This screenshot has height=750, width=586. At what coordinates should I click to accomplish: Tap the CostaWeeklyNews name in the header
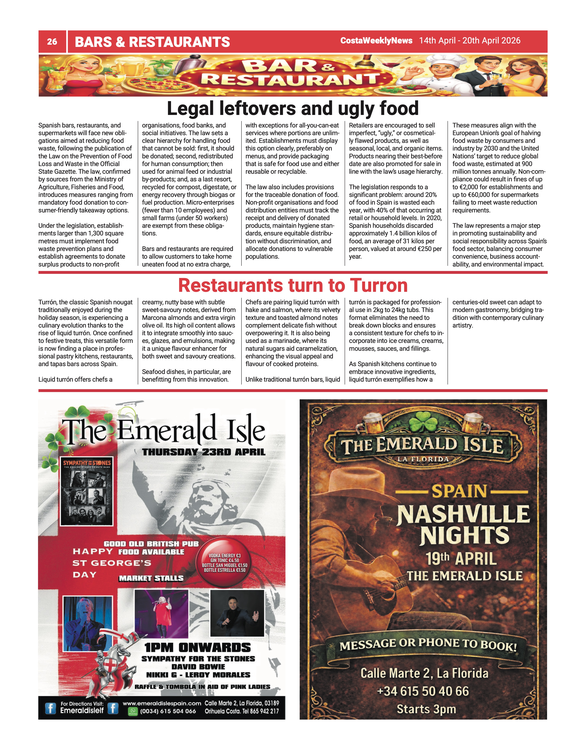click(x=376, y=40)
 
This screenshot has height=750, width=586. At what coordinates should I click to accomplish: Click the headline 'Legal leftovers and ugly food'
click(x=293, y=108)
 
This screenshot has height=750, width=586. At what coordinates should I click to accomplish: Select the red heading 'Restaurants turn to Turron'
click(x=293, y=285)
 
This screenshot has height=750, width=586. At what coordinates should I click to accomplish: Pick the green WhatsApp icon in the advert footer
click(x=132, y=711)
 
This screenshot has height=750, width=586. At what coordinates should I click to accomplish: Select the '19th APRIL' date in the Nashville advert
click(x=461, y=559)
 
